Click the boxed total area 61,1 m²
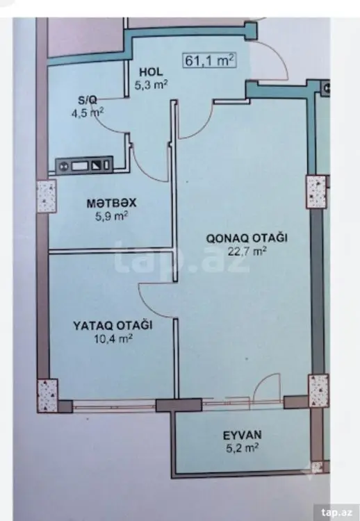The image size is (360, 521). [209, 60]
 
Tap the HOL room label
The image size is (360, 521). [151, 72]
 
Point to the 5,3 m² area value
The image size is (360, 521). [151, 85]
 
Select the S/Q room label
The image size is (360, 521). [88, 99]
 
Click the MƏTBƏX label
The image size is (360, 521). [112, 203]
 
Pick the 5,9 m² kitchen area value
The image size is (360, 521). [112, 216]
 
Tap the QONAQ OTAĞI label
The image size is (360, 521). [247, 238]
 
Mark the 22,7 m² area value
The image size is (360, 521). [247, 251]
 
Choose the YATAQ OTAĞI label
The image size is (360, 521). [113, 325]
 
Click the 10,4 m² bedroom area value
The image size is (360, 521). [113, 338]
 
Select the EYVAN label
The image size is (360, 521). [243, 435]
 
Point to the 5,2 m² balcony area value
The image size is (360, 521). [243, 448]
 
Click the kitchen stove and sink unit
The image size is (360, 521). [84, 165]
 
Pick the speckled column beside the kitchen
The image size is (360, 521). [46, 197]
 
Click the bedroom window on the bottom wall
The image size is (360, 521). [114, 406]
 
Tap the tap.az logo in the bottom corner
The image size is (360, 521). [337, 512]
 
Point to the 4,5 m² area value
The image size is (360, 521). [88, 113]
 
